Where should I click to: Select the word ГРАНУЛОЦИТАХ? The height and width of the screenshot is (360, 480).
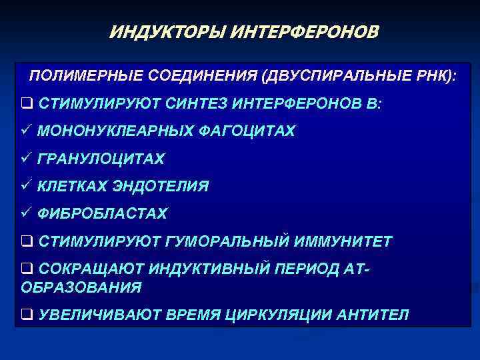(101, 159)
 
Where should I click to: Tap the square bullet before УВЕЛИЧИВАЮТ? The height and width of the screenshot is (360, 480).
(27, 315)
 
